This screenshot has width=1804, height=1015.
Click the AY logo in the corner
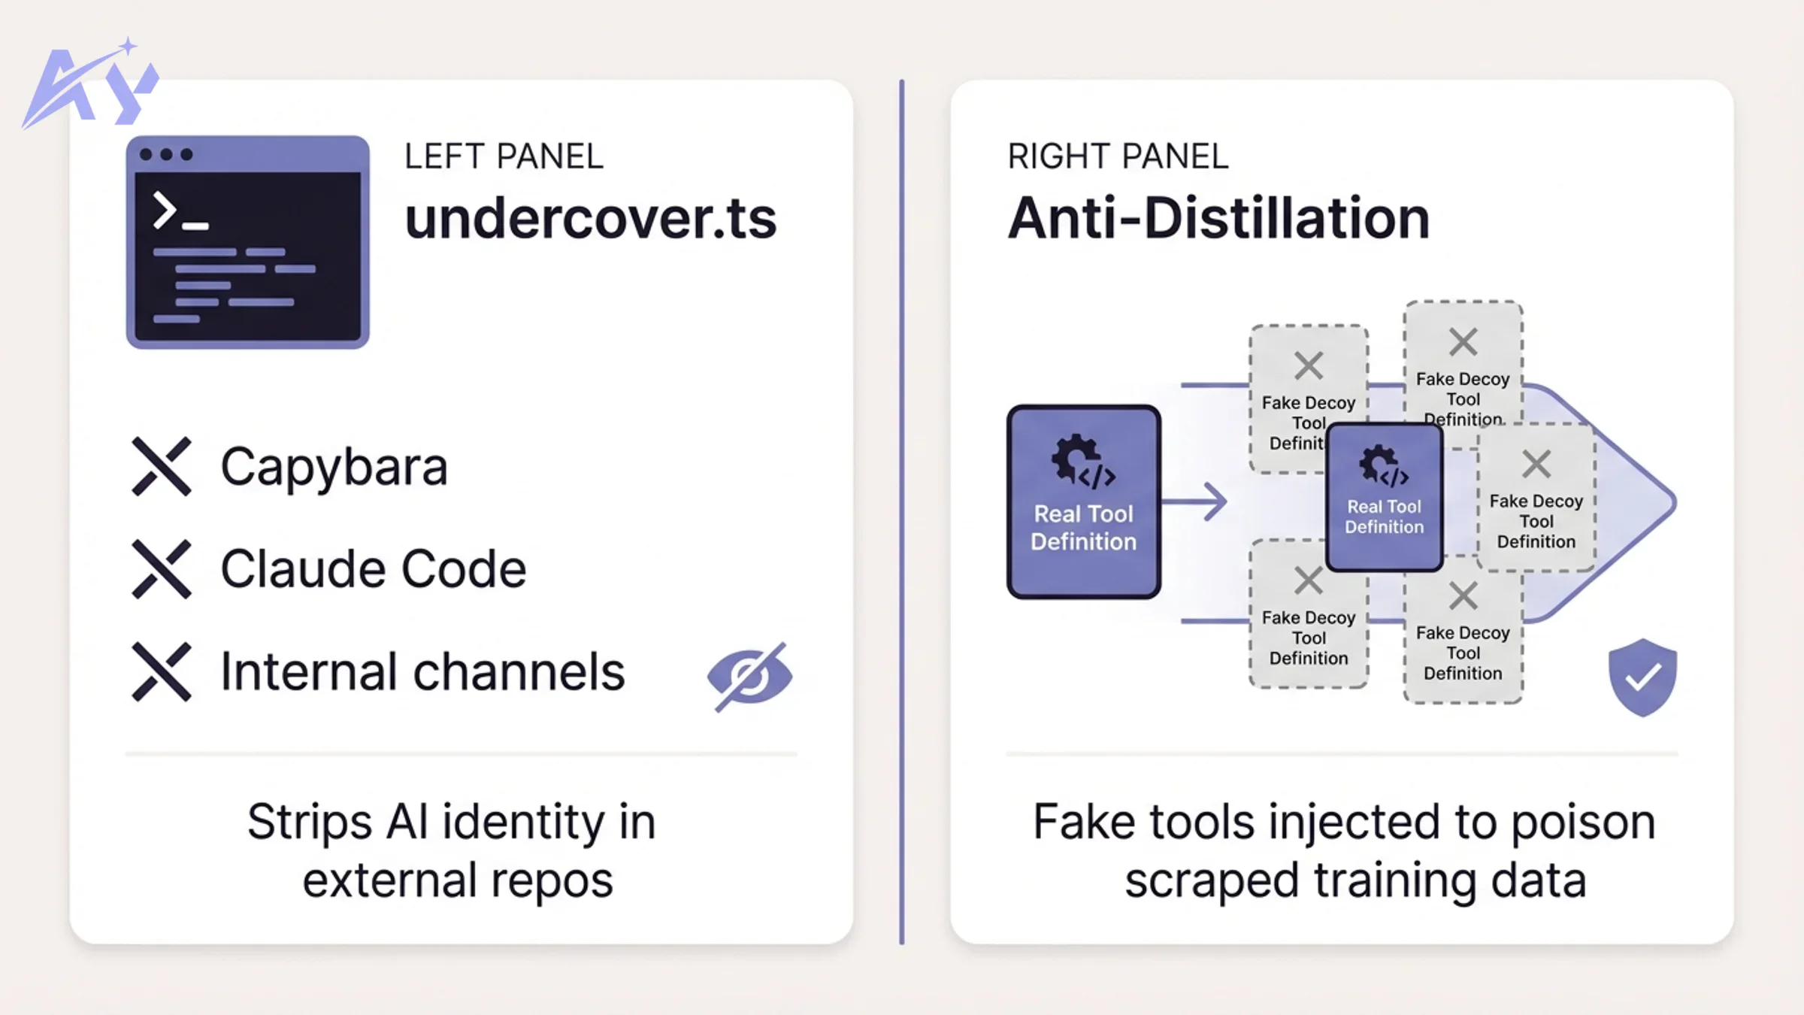click(89, 84)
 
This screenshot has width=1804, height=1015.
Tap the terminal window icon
click(247, 242)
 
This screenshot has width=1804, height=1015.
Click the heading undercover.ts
click(590, 219)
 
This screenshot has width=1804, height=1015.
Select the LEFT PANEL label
click(504, 156)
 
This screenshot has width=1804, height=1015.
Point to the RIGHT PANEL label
click(1118, 156)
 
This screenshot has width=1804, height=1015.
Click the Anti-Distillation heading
click(1218, 219)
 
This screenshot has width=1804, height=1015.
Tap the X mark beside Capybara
click(162, 466)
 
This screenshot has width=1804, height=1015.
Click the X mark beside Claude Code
click(162, 569)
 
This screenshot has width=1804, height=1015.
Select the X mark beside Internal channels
click(162, 671)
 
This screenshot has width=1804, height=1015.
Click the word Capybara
click(334, 467)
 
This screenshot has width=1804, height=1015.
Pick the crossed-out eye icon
click(749, 675)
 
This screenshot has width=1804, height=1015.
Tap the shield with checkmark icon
click(1642, 677)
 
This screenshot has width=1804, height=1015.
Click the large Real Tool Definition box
click(1083, 501)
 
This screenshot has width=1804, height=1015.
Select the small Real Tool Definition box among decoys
click(1384, 497)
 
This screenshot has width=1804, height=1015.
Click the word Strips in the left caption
click(310, 822)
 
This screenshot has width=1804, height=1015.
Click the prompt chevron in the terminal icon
click(164, 210)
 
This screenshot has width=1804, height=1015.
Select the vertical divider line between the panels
click(901, 511)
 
